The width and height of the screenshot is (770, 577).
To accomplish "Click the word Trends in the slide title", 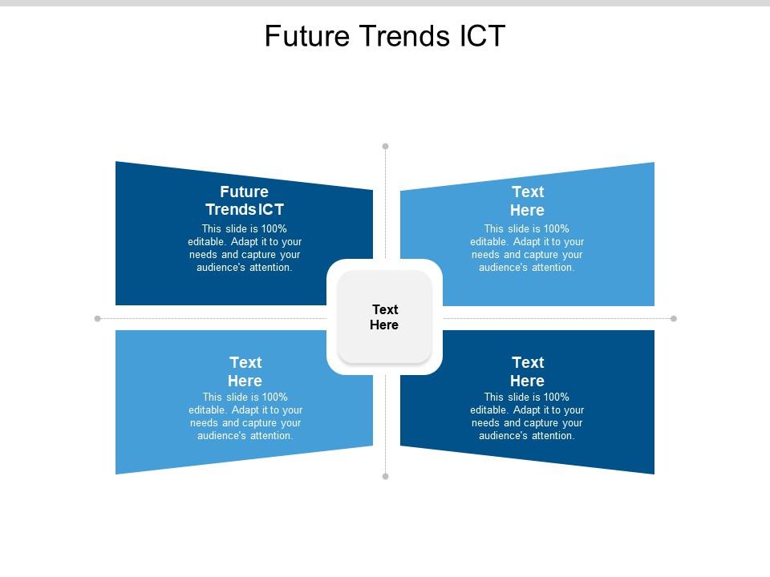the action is pos(404,36).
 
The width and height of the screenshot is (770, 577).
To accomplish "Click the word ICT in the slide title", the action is pos(482,36).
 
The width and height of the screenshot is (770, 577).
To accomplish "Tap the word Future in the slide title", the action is pos(307,36).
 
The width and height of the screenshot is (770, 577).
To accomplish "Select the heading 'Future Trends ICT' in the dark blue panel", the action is pos(245,200).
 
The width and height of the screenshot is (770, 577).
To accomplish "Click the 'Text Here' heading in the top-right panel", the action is pos(528,200).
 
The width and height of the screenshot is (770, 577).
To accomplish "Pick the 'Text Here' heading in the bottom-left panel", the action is pos(245,371).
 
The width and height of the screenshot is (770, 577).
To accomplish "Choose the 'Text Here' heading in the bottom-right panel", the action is pos(528,371).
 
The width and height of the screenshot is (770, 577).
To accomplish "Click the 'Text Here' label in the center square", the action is pos(384,317).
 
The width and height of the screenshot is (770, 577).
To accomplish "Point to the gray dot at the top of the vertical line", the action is pos(386,146).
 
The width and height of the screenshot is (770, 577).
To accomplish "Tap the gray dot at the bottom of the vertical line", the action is pos(386,476).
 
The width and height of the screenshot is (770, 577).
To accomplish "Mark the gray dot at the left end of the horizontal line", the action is pos(97,318).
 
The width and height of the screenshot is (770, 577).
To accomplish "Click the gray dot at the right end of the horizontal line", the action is pos(674,318).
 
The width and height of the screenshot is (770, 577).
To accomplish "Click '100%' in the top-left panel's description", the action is pos(274,228).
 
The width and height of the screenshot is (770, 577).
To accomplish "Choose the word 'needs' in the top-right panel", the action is pos(486,255).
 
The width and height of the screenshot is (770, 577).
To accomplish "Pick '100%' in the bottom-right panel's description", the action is pos(556,397).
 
